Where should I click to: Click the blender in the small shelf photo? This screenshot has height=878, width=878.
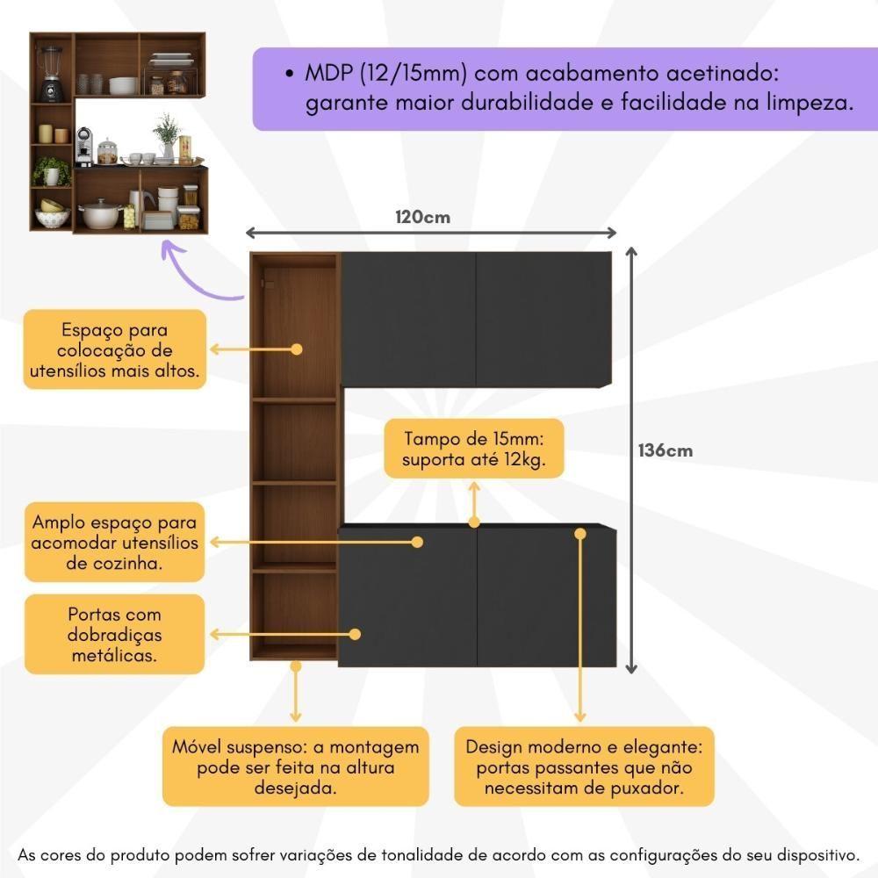(x=51, y=74)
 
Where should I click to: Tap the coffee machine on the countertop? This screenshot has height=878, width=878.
(x=83, y=147)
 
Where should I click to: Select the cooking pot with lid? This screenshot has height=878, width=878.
(x=101, y=214)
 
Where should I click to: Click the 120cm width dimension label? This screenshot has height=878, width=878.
(x=423, y=217)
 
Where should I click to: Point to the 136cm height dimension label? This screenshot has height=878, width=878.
(x=666, y=450)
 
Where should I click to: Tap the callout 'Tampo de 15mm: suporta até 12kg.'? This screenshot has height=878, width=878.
(x=474, y=449)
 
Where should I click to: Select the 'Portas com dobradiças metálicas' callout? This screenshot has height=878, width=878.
(x=114, y=635)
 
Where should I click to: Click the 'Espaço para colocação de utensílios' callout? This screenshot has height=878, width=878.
(x=115, y=349)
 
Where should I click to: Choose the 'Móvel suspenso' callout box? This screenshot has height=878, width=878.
(x=296, y=766)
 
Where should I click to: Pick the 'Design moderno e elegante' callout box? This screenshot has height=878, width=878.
(x=584, y=766)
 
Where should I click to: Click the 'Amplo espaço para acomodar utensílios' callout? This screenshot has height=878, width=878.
(x=114, y=542)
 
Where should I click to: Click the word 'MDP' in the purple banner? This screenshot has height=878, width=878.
(x=329, y=74)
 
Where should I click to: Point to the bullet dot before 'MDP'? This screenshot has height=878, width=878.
(x=289, y=74)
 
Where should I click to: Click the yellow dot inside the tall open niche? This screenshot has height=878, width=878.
(x=297, y=349)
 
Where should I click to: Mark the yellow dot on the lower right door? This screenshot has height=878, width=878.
(x=580, y=534)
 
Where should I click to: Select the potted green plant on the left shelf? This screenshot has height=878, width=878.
(x=51, y=171)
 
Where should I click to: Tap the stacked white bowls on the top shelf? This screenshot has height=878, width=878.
(x=124, y=86)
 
